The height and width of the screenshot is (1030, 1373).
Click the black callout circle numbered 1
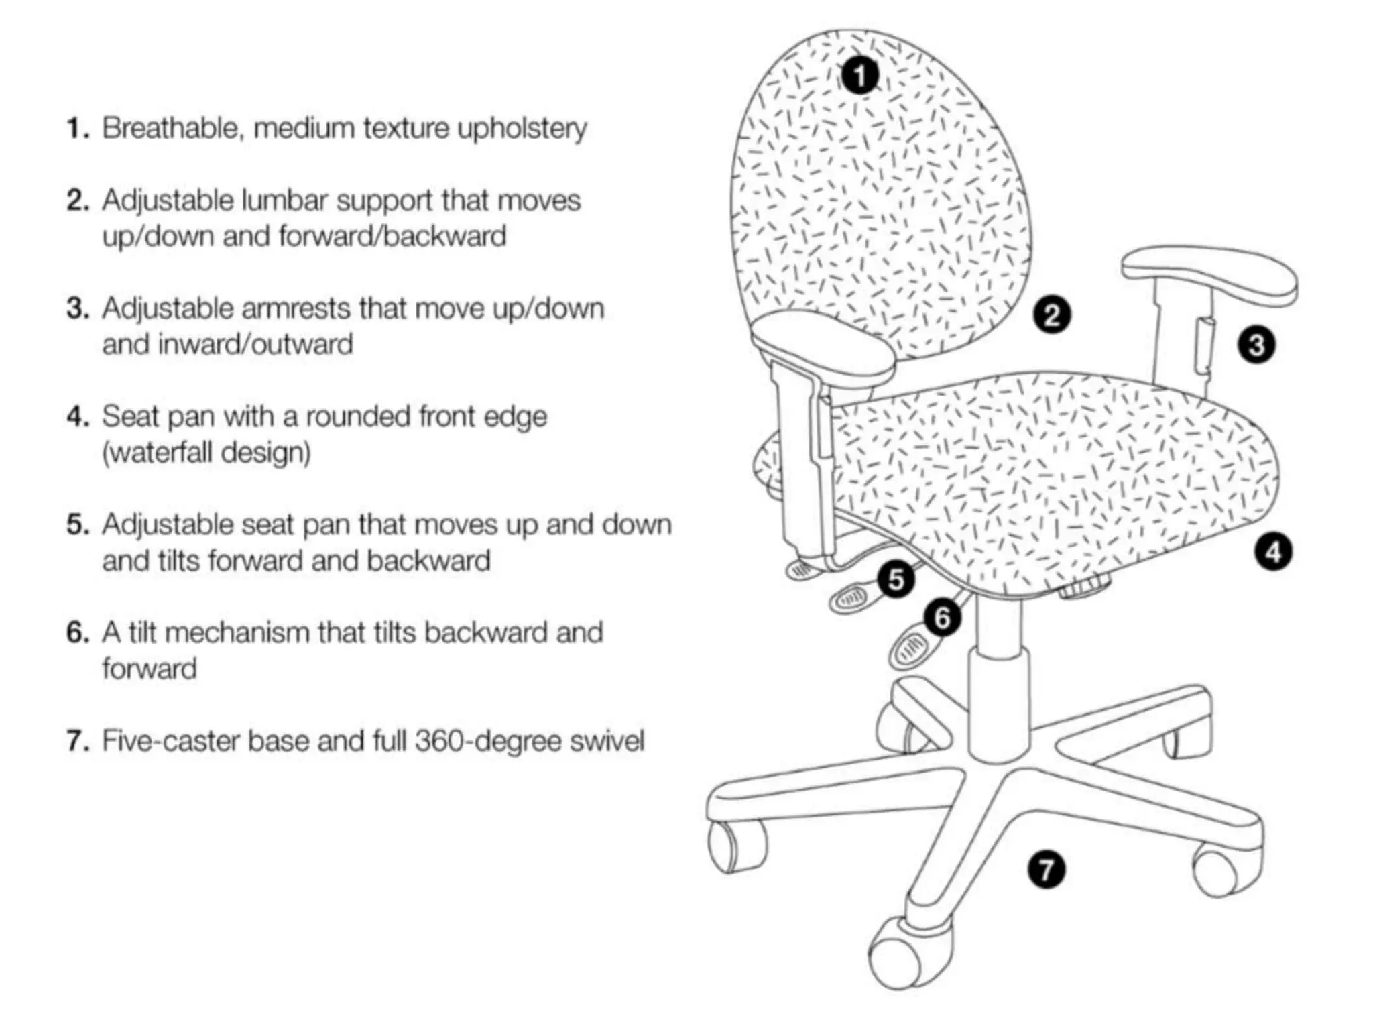coord(859,75)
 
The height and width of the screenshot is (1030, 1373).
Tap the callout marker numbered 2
coord(1051,315)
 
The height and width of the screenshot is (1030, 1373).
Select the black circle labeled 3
coord(1256,345)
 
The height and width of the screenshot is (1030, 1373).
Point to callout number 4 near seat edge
coord(1272,552)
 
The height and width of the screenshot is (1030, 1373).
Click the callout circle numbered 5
coord(896,579)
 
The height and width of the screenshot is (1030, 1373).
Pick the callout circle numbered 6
coord(942,618)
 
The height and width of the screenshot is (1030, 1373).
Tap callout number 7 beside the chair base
coord(1046,870)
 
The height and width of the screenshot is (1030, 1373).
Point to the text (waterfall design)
coord(206,453)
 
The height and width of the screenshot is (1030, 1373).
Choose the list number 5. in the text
coord(78,524)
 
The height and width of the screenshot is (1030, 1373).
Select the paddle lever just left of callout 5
coord(850,597)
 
